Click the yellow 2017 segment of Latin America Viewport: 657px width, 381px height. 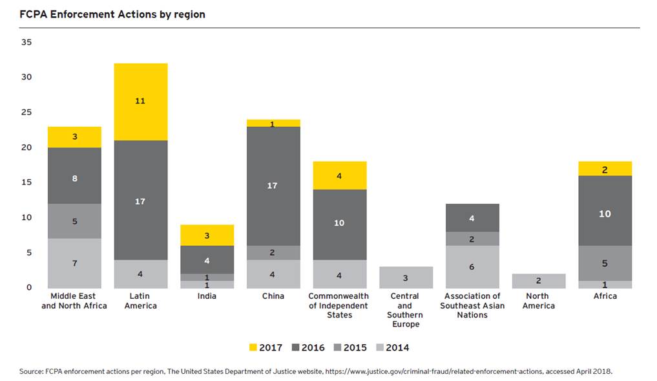coord(140,102)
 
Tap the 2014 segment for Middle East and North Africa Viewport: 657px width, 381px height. coord(74,263)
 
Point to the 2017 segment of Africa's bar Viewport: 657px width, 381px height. coord(605,169)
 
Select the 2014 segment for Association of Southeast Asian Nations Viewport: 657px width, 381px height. coord(472,267)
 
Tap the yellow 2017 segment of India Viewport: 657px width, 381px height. coord(206,235)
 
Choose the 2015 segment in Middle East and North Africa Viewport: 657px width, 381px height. coord(74,221)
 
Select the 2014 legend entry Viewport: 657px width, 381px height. coord(391,347)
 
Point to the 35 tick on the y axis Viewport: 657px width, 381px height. coord(26,42)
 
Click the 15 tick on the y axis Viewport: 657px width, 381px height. coord(26,182)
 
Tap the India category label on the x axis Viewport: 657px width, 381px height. coord(207,296)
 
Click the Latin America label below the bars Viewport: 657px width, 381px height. coord(140,301)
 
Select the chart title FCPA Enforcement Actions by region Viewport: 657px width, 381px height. coord(112,14)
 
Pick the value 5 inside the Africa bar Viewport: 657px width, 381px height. coord(605,263)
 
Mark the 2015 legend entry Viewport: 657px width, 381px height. coord(349,347)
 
